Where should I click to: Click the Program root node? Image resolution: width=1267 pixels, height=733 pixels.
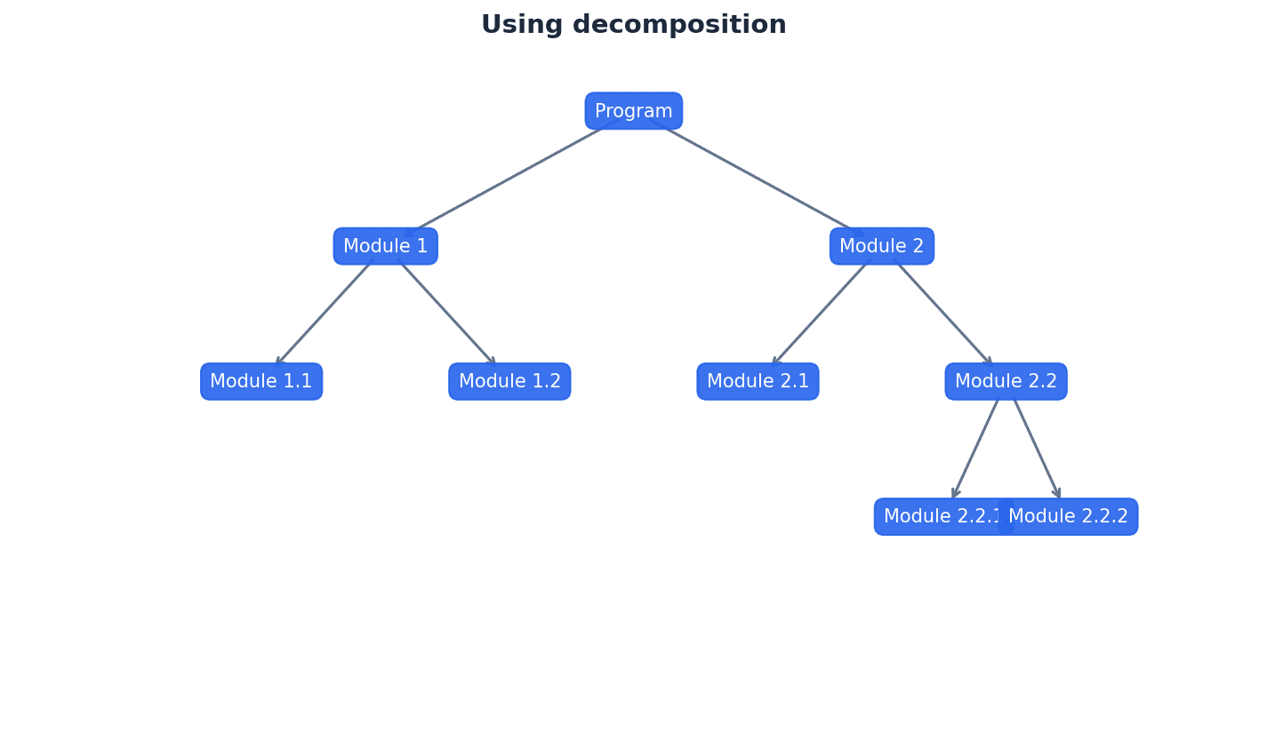633,111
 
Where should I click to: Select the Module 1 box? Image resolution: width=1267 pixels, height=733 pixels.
385,246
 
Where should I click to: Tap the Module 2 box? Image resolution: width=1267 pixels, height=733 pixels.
881,246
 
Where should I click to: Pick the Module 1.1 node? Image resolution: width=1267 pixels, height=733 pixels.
261,381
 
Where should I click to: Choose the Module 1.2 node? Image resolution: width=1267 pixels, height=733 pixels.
509,381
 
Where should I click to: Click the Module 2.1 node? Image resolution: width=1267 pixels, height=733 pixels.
758,381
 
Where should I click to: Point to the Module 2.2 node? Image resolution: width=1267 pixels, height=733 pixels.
1006,381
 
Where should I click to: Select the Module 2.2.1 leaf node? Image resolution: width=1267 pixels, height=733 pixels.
938,516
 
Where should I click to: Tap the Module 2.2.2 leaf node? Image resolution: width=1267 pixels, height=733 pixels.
1071,516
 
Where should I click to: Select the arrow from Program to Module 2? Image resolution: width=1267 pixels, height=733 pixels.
760,179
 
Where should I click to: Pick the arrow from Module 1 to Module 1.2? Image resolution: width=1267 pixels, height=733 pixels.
447,313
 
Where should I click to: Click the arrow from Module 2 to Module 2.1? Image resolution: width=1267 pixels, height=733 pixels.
820,313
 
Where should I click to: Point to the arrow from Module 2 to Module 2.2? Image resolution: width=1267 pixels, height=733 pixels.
943,313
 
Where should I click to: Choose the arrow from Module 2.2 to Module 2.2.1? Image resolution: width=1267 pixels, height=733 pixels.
975,449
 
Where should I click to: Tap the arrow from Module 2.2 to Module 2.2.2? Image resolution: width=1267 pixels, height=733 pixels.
1036,449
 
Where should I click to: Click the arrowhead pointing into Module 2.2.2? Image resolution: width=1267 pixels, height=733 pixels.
1057,494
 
